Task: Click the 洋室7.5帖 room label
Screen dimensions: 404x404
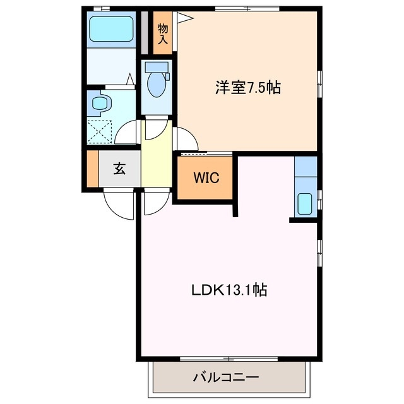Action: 247,88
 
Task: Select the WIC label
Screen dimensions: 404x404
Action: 206,178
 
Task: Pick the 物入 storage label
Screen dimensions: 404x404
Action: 162,33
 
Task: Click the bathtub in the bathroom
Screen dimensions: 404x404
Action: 111,28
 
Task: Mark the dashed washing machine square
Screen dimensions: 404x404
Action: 100,131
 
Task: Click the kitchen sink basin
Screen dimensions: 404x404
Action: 304,203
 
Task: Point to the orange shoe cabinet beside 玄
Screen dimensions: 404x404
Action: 93,169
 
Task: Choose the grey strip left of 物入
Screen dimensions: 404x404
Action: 145,33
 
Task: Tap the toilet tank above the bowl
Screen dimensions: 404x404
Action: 155,66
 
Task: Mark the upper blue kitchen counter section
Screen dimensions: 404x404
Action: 305,169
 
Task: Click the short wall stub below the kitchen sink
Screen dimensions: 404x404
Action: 303,220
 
